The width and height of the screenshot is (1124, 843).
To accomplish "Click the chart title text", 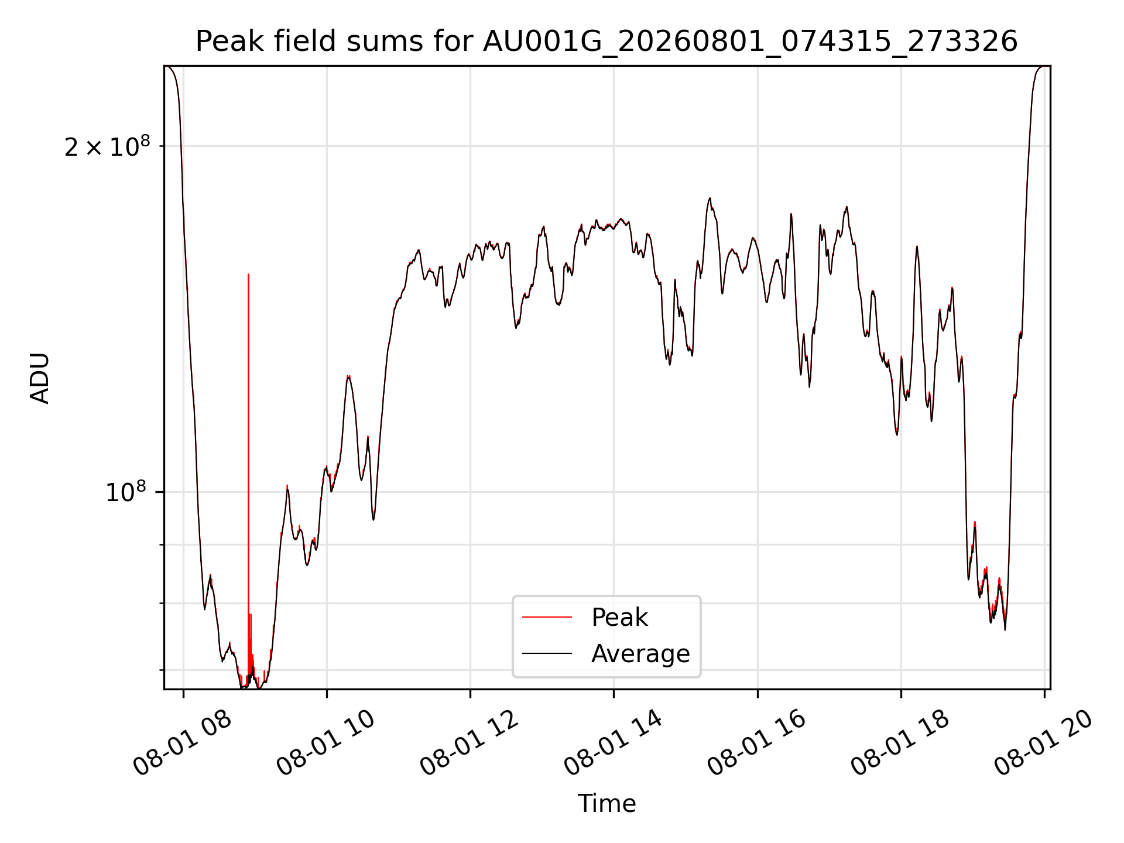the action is coord(606,42).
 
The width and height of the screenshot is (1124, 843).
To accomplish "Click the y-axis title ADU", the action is coord(40,378).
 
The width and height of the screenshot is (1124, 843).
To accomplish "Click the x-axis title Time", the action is coord(606,803).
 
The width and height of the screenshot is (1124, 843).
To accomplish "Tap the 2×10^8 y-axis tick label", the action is coord(107,146).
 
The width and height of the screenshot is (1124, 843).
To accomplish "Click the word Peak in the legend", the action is coord(619,618).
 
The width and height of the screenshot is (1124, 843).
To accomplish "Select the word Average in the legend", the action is coord(640,654).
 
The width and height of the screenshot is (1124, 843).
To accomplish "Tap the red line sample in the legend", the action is coord(547,617).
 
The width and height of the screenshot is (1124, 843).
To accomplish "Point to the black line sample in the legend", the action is coord(547,653).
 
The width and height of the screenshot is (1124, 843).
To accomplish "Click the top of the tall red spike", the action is coord(248,274).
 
